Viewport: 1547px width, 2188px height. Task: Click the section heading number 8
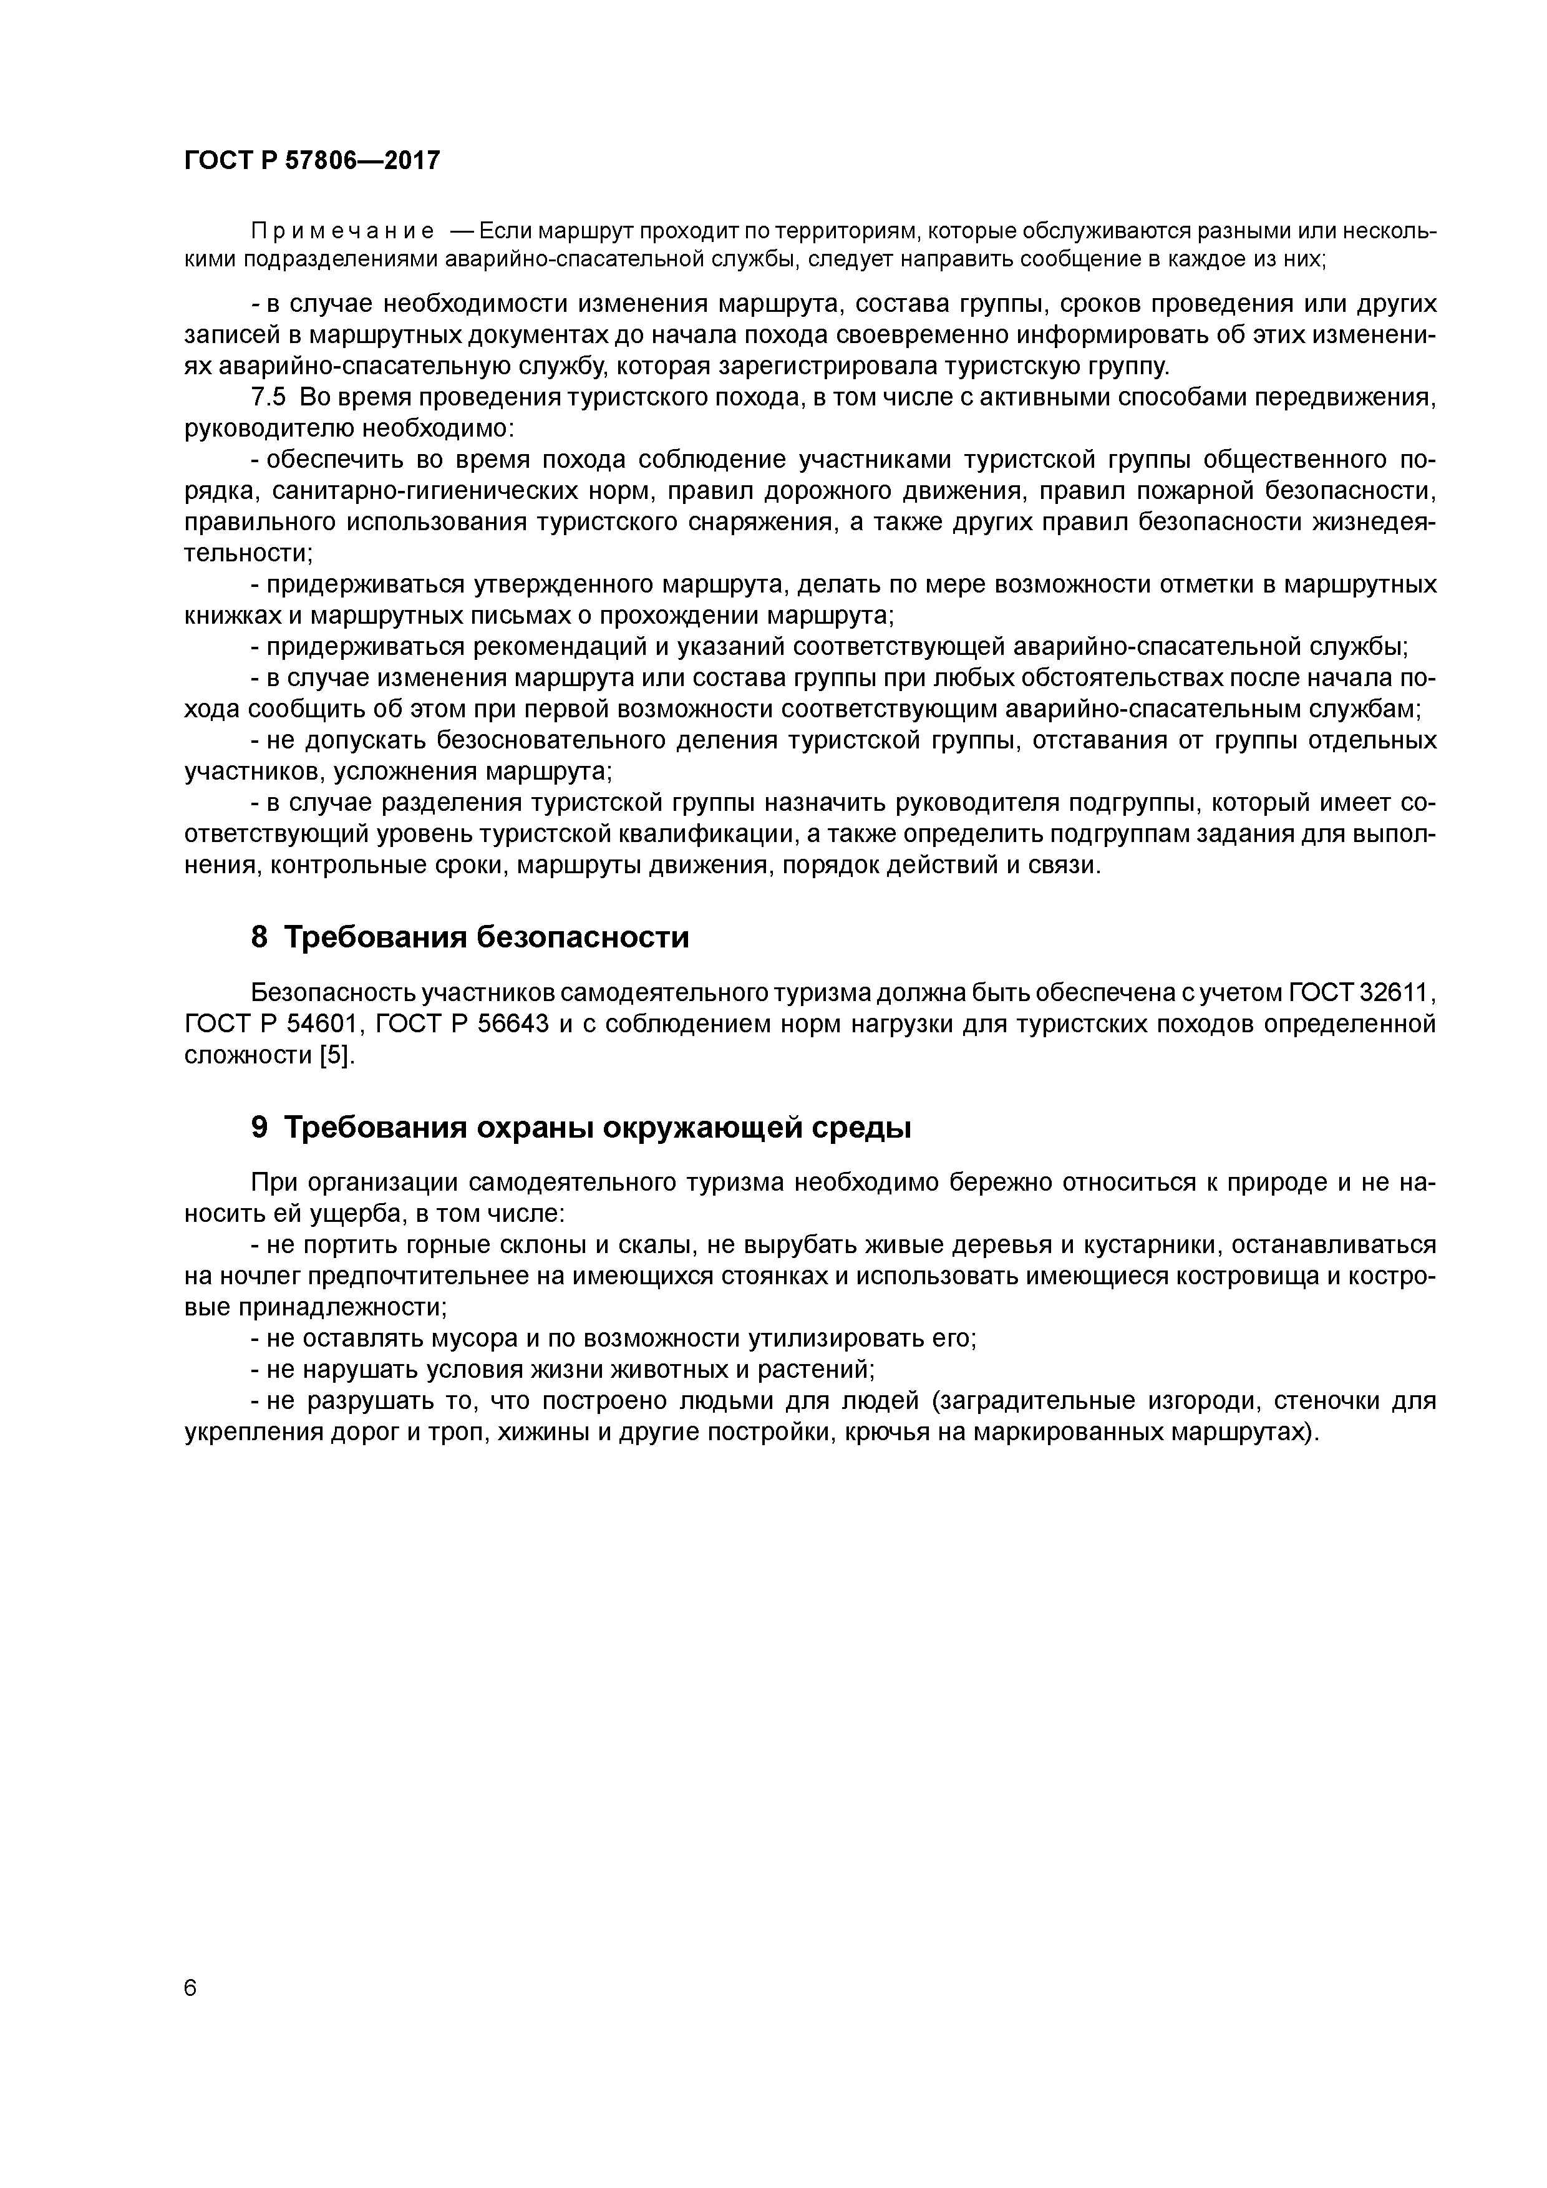[x=259, y=937]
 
